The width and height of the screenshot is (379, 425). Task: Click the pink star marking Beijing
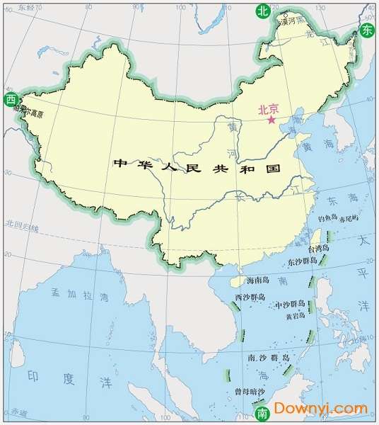pyautogui.click(x=271, y=120)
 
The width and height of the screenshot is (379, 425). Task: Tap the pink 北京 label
pyautogui.click(x=269, y=109)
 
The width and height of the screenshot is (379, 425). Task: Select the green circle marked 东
pyautogui.click(x=367, y=30)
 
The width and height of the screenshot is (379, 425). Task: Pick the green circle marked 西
pyautogui.click(x=10, y=99)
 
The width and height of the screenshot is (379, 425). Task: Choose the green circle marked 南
pyautogui.click(x=262, y=412)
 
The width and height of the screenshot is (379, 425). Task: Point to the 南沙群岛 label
pyautogui.click(x=268, y=358)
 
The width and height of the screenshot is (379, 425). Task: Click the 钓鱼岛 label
pyautogui.click(x=330, y=219)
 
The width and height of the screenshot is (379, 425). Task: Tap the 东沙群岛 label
pyautogui.click(x=303, y=262)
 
